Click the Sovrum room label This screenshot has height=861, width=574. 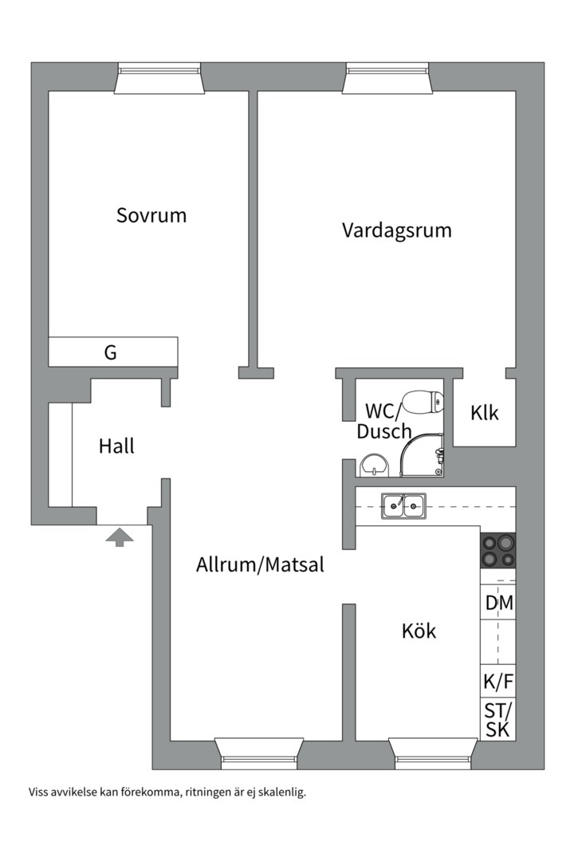tap(151, 215)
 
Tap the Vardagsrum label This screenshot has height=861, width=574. tap(396, 230)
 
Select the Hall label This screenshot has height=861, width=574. tap(116, 446)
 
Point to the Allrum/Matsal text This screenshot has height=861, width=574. tap(260, 565)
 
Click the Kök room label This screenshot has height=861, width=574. tap(419, 631)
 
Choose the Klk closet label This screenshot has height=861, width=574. tap(484, 413)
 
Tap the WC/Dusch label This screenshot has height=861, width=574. tap(383, 421)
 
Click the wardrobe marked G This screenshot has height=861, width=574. tap(111, 352)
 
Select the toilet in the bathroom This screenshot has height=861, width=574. tap(423, 401)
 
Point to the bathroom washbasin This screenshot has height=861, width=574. tap(372, 464)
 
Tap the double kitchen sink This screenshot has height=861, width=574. tap(403, 505)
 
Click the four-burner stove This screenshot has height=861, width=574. tap(497, 550)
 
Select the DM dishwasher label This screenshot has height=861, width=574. tap(499, 603)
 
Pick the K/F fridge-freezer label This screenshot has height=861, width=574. tap(498, 682)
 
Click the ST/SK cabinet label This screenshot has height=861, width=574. tap(498, 719)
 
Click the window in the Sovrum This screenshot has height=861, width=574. tap(158, 80)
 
